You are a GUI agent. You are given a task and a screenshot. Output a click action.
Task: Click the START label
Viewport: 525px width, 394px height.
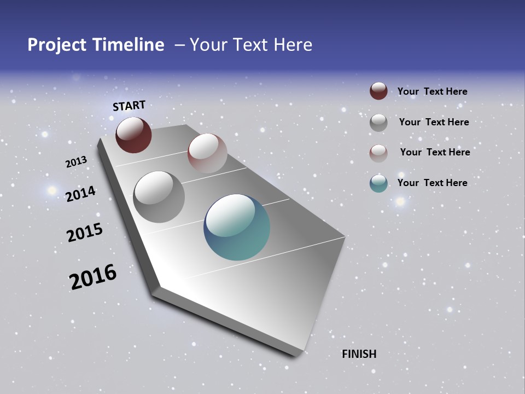coord(129,106)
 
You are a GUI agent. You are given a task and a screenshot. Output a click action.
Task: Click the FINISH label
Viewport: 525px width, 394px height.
coord(359,354)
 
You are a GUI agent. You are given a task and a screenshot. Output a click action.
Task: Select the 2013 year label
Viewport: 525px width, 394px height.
coord(76,162)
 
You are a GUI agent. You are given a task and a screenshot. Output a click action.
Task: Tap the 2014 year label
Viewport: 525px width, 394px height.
coord(80,194)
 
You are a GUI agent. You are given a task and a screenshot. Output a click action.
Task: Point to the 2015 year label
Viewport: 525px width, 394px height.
coord(84,233)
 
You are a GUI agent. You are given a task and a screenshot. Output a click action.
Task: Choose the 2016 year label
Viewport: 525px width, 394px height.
coord(93,277)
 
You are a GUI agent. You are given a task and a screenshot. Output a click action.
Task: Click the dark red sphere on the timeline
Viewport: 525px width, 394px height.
coord(133,135)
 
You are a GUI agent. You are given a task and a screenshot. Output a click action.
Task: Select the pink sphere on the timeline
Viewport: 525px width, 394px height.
coord(207,153)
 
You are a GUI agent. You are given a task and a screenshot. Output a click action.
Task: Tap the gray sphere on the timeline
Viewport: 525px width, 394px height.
coord(159,196)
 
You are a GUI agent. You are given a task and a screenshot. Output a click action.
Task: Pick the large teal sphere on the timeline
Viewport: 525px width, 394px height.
coord(237,227)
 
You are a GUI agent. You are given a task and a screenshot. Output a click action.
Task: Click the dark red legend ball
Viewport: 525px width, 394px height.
coord(378,91)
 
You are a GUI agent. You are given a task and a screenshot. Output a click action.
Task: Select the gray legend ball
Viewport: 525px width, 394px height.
coord(378,122)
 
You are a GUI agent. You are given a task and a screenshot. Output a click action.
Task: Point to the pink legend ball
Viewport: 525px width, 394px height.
coord(378,153)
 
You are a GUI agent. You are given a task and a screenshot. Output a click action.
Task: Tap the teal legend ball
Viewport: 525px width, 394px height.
coord(378,183)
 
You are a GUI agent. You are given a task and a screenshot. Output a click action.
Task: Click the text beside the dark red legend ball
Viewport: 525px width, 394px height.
coord(432,91)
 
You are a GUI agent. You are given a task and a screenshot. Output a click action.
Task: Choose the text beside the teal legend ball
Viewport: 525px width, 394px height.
coord(432,183)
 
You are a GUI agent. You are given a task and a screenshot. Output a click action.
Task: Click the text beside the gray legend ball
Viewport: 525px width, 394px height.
coord(434,122)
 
